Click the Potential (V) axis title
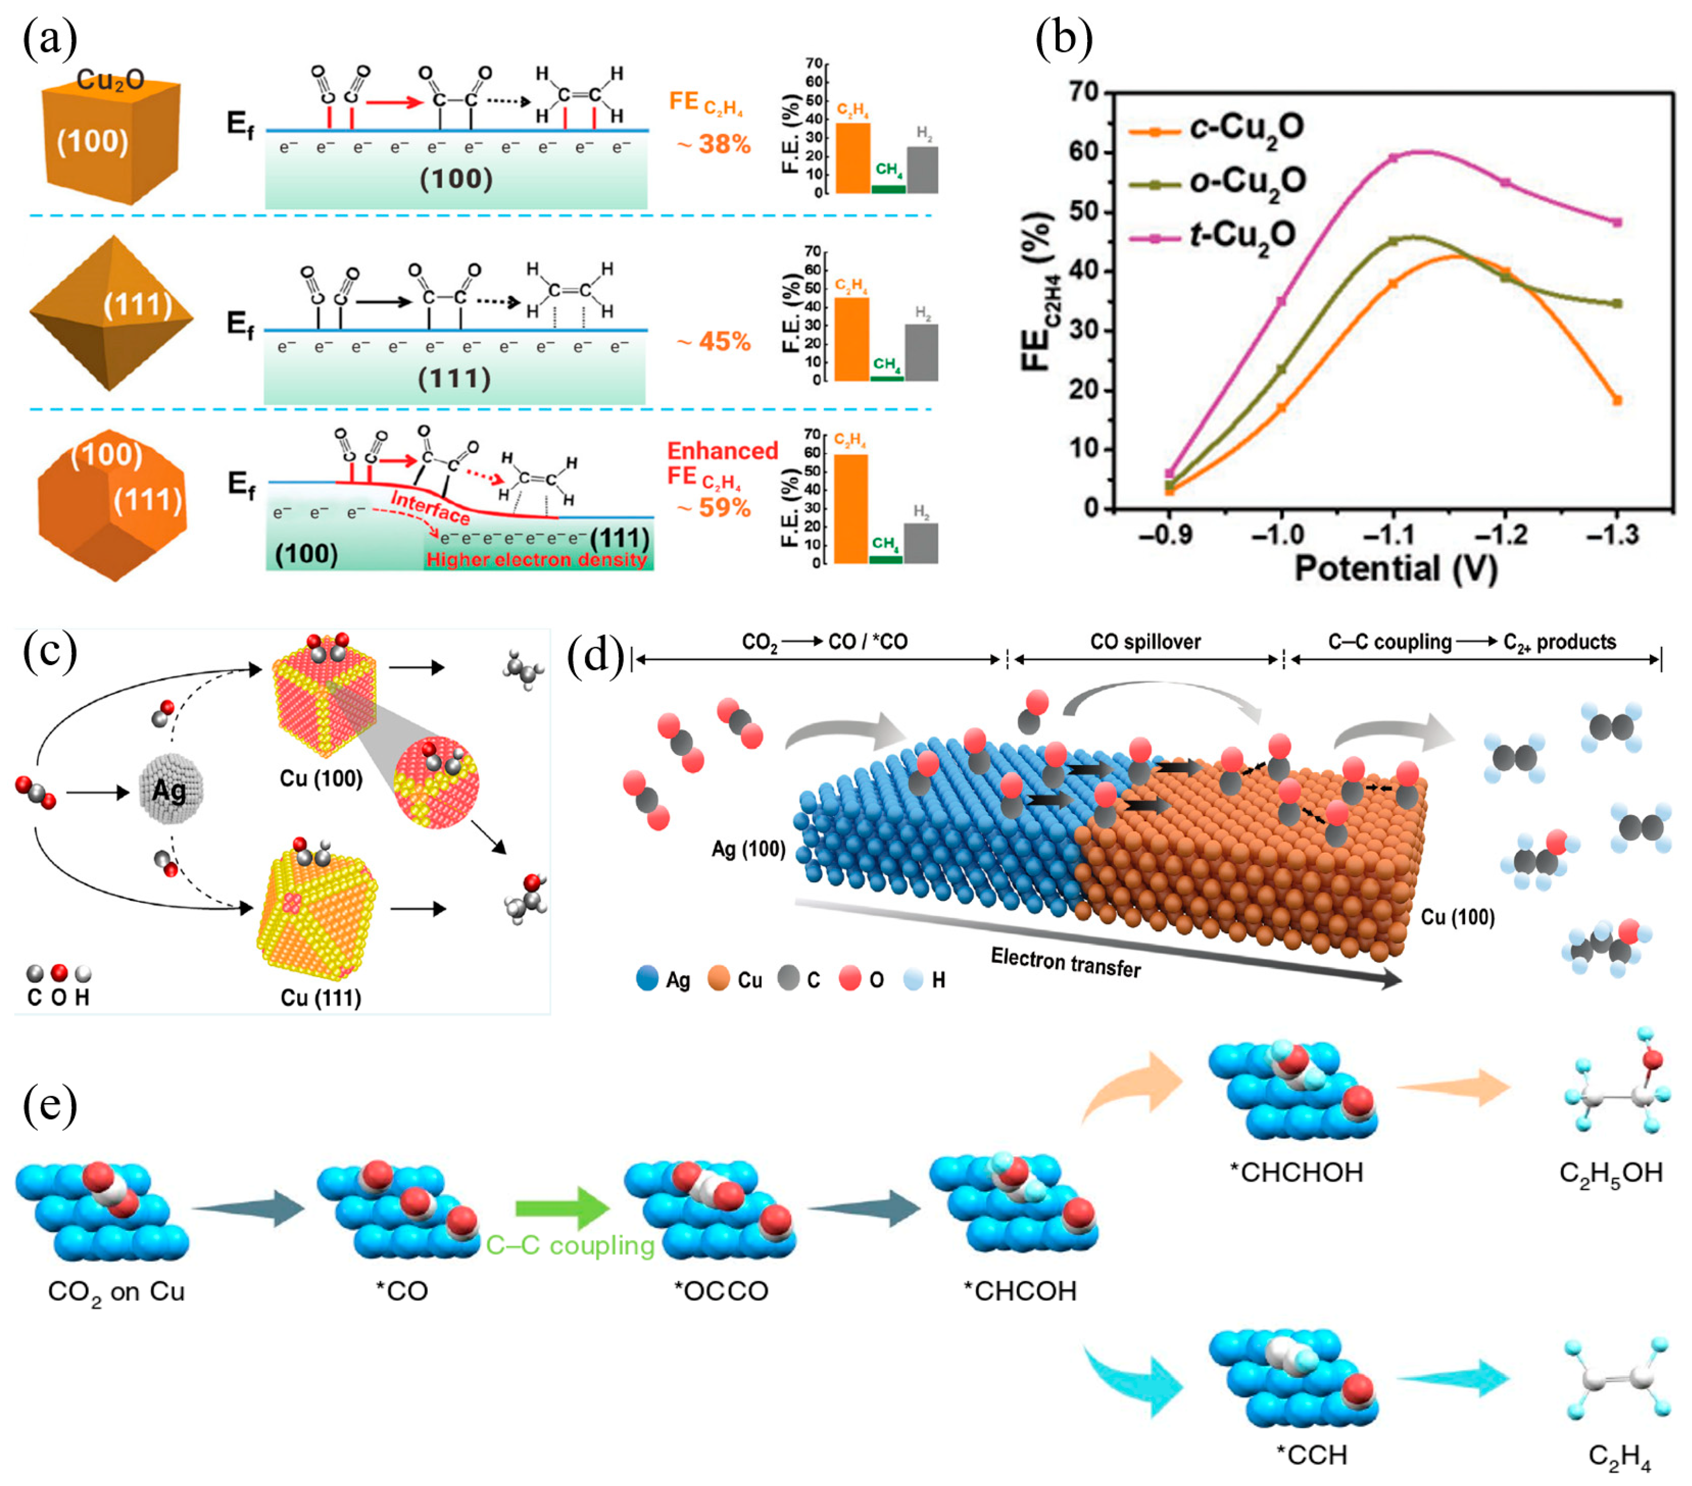[x=1395, y=569]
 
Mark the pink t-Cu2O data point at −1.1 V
[x=1394, y=158]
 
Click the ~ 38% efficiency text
[x=714, y=145]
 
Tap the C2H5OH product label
[x=1610, y=1172]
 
